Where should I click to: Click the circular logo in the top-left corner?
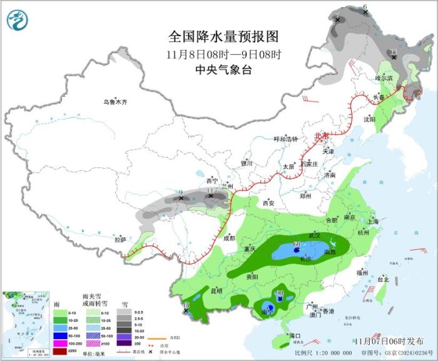click(x=18, y=20)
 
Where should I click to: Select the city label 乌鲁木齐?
click(x=115, y=102)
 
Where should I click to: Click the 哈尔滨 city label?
click(x=384, y=78)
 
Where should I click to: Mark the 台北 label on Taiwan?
click(x=382, y=280)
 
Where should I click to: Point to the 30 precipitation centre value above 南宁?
click(x=280, y=293)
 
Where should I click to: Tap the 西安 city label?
click(x=268, y=203)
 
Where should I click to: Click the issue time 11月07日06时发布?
click(x=388, y=340)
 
